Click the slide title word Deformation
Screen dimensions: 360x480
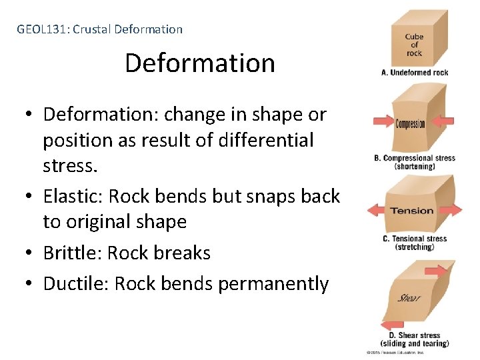[199, 63]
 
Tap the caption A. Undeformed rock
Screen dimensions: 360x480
[414, 73]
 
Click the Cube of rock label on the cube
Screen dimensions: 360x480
[414, 45]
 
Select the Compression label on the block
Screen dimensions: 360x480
[410, 123]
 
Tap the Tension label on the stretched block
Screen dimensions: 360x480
[411, 211]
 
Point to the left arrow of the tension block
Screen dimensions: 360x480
[377, 211]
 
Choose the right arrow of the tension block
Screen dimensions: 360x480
[451, 211]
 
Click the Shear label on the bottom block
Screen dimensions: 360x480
[409, 297]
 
